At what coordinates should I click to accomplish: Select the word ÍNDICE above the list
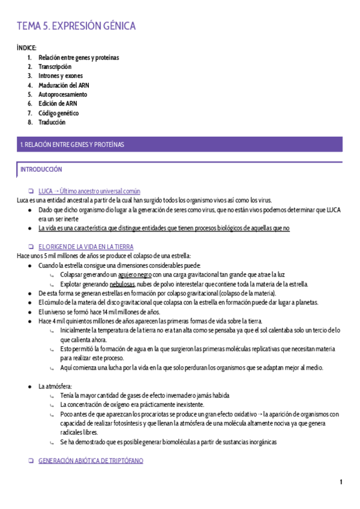27,47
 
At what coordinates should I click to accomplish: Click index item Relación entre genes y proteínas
79,58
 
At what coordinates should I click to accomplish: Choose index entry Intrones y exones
61,76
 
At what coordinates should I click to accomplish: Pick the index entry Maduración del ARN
64,85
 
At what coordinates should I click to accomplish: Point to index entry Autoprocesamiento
62,95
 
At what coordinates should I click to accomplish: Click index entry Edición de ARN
58,104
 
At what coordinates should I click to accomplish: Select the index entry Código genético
58,113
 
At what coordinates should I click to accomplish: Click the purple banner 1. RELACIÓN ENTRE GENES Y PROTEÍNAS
180,145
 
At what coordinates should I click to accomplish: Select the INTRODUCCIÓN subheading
41,170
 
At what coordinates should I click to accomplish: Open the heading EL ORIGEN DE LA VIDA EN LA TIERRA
85,247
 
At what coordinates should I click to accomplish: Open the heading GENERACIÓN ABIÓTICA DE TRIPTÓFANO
91,461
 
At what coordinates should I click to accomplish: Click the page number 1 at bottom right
341,483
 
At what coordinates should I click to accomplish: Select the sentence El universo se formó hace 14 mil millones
99,312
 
